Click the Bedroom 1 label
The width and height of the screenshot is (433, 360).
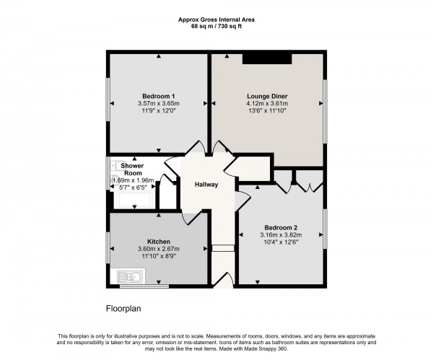[x=158, y=96]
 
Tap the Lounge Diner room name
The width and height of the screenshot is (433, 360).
[x=268, y=95]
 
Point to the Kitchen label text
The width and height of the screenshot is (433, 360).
[x=158, y=242]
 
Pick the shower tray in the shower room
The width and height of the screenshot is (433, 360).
[x=132, y=200]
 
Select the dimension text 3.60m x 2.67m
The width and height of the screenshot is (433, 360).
[x=158, y=250]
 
